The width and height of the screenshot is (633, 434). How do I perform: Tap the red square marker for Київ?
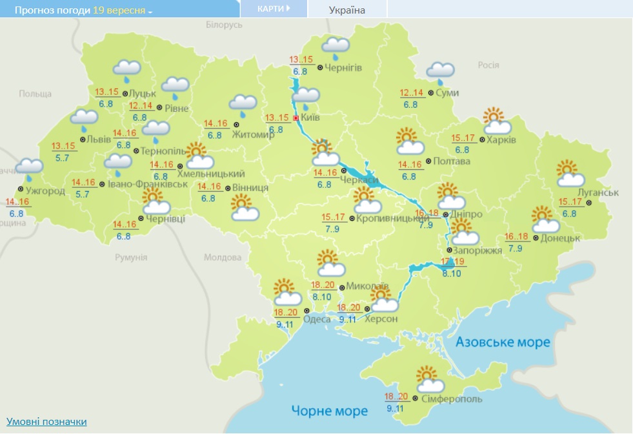tap(296, 118)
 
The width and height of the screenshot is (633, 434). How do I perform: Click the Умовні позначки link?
tap(46, 422)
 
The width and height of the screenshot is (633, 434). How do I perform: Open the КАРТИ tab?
tap(273, 8)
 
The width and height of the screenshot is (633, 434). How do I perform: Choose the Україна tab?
tap(347, 10)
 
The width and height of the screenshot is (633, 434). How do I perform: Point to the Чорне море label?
tap(329, 410)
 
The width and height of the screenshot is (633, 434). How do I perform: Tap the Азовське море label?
tap(503, 342)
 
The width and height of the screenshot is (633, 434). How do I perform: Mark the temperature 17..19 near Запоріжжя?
tap(452, 262)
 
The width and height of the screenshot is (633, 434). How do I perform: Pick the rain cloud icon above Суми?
tap(440, 72)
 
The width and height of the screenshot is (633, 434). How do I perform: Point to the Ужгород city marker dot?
tap(21, 189)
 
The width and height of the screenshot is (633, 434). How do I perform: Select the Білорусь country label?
tap(224, 24)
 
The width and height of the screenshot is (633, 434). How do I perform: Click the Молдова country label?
tap(222, 257)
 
